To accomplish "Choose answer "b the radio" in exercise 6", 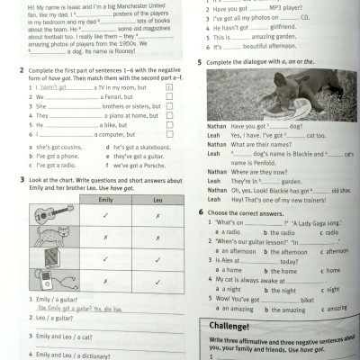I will (x=271, y=231).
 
